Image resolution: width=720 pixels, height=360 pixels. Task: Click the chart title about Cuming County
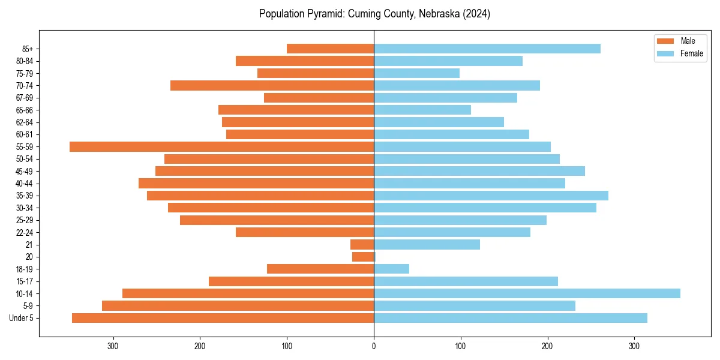pos(374,14)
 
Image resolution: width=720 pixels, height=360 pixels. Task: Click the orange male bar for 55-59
pos(221,146)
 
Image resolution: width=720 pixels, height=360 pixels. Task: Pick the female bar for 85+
pos(487,49)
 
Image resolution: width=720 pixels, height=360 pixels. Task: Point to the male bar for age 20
pos(363,257)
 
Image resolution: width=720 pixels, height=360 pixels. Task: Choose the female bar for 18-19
pos(391,269)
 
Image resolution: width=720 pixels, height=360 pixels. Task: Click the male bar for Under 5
pos(223,318)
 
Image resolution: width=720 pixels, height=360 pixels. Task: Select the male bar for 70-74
pos(272,85)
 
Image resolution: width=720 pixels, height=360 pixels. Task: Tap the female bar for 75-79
pos(416,73)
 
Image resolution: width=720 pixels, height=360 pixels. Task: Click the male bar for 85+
pos(330,49)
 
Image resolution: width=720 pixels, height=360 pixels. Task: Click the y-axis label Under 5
pos(21,318)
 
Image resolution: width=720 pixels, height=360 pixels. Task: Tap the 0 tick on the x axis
pos(374,346)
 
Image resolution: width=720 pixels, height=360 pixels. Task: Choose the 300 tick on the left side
pos(113,346)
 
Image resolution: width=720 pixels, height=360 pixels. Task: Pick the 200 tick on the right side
pos(547,346)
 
